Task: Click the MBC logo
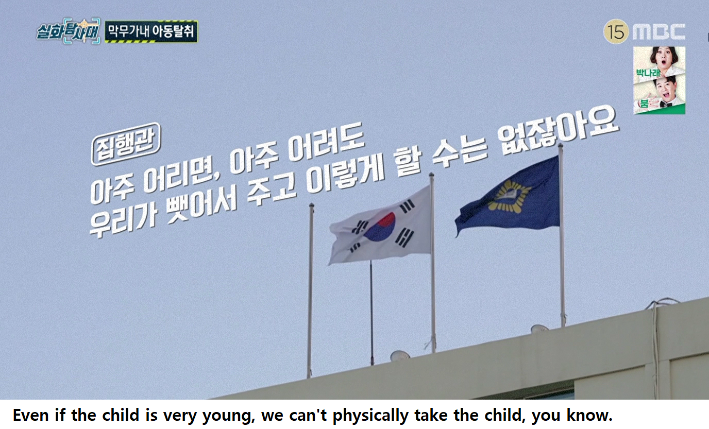(659, 31)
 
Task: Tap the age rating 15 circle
(616, 31)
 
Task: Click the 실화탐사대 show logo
(67, 31)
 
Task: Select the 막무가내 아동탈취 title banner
(151, 31)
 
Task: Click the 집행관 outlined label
(126, 144)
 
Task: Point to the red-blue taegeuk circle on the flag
(380, 227)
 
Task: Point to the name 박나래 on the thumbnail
(648, 73)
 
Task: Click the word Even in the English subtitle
(31, 415)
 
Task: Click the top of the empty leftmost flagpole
(311, 205)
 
